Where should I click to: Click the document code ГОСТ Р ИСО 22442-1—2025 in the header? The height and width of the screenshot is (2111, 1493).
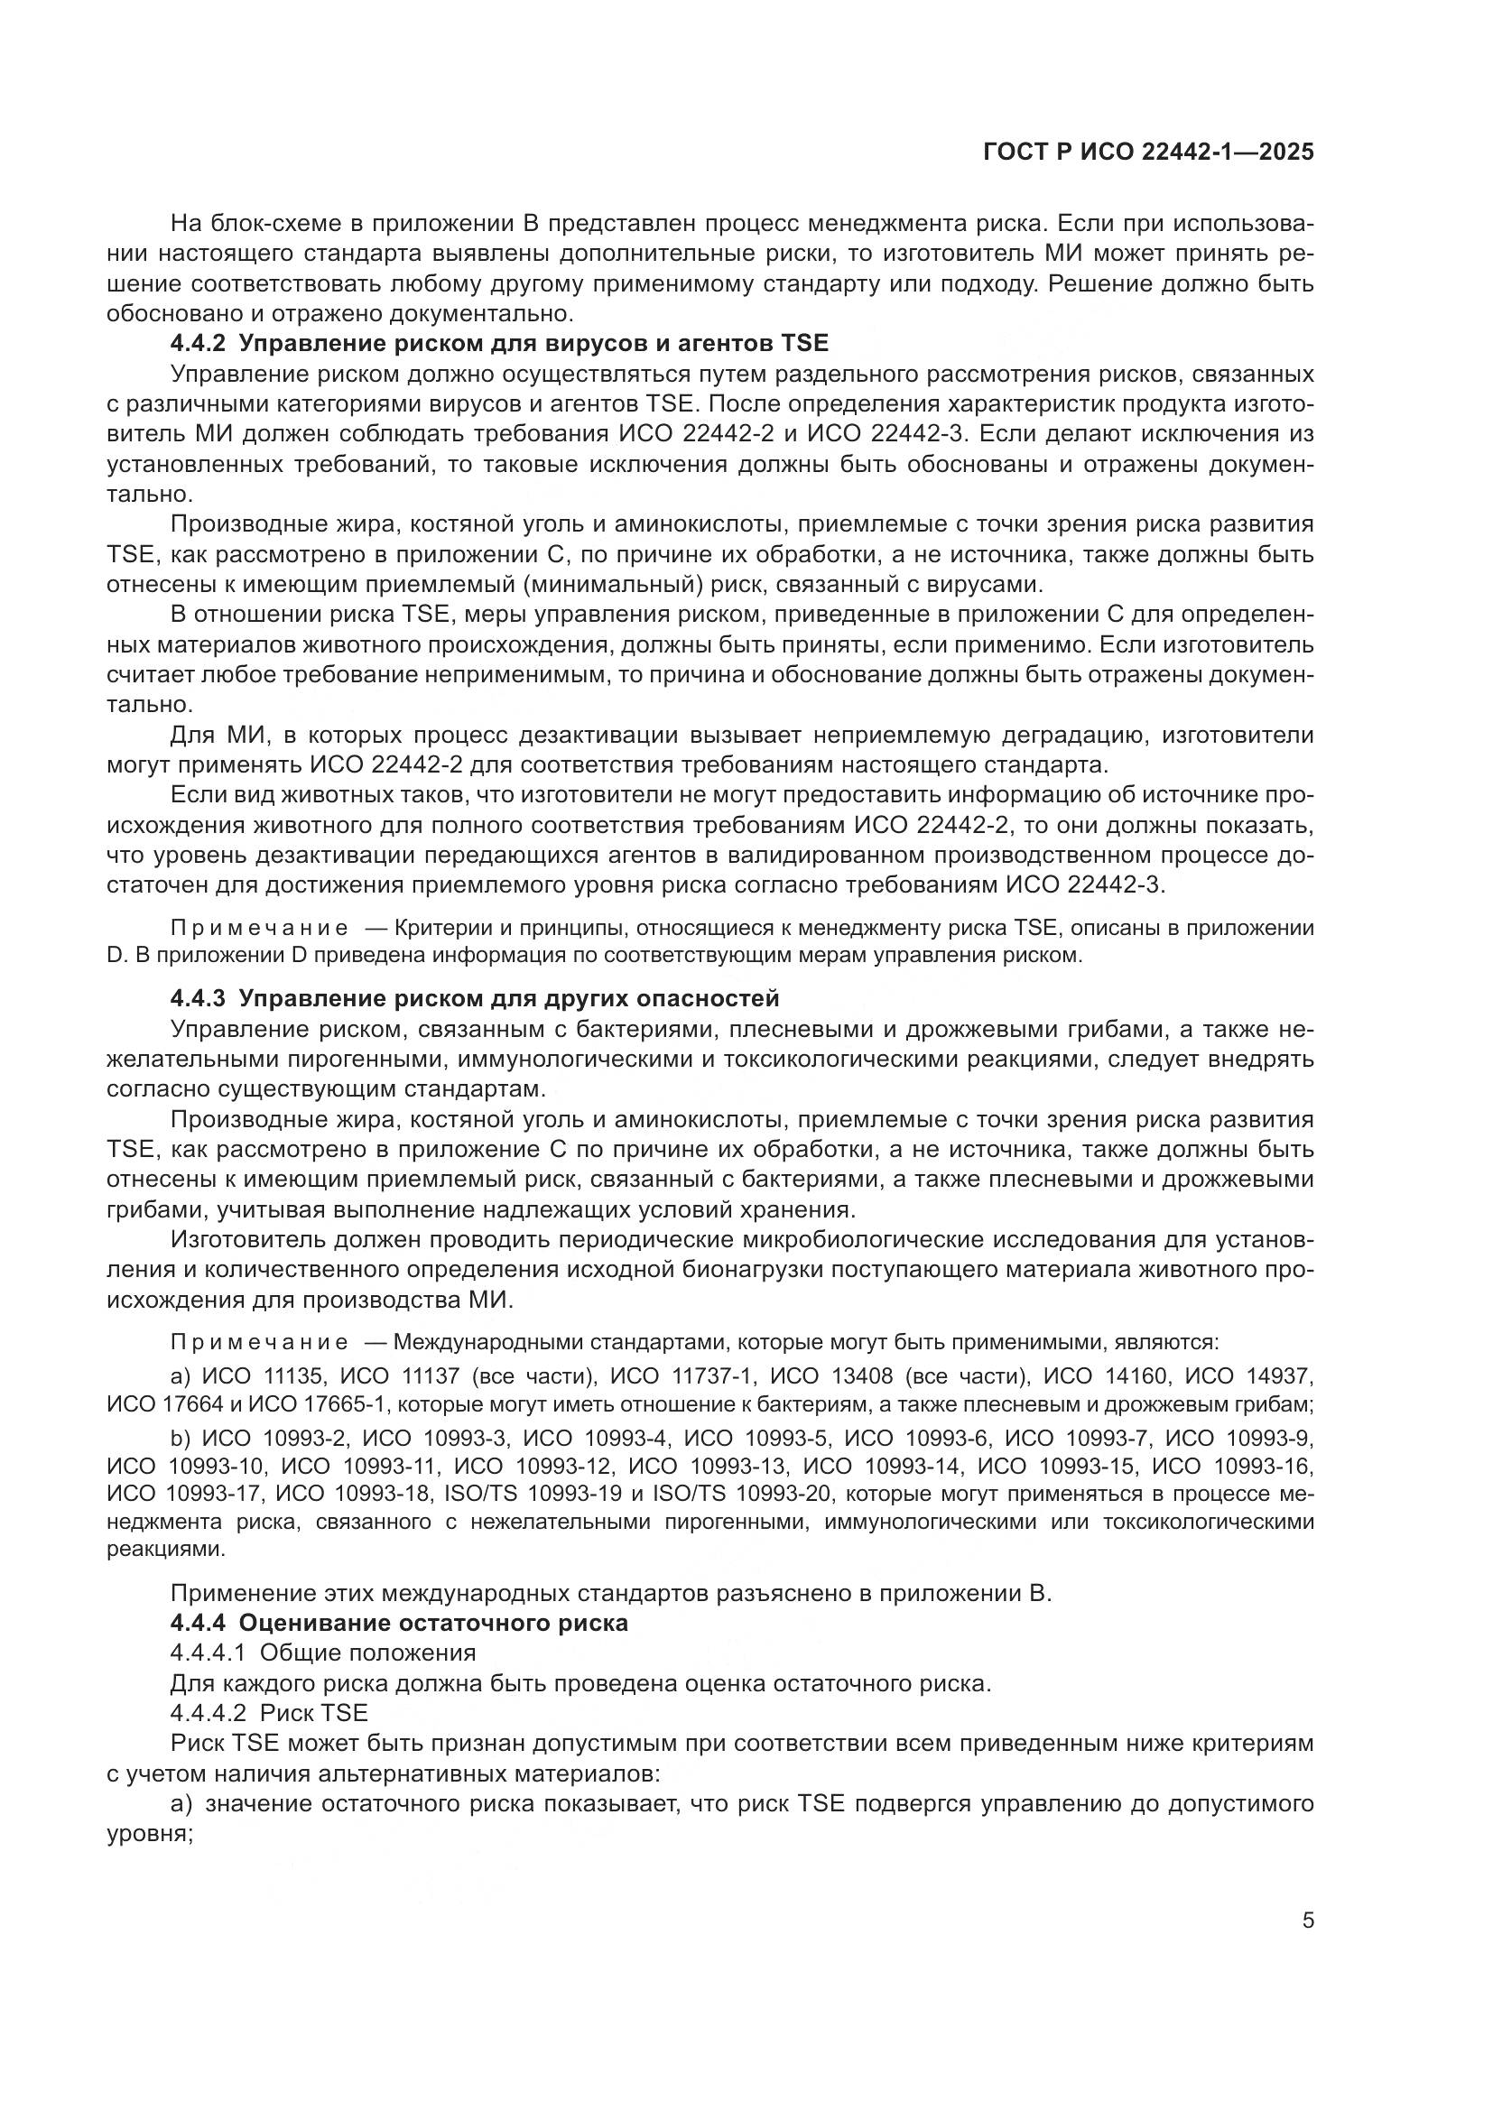pos(1148,152)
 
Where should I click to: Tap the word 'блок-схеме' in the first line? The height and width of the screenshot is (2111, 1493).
pos(272,224)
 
